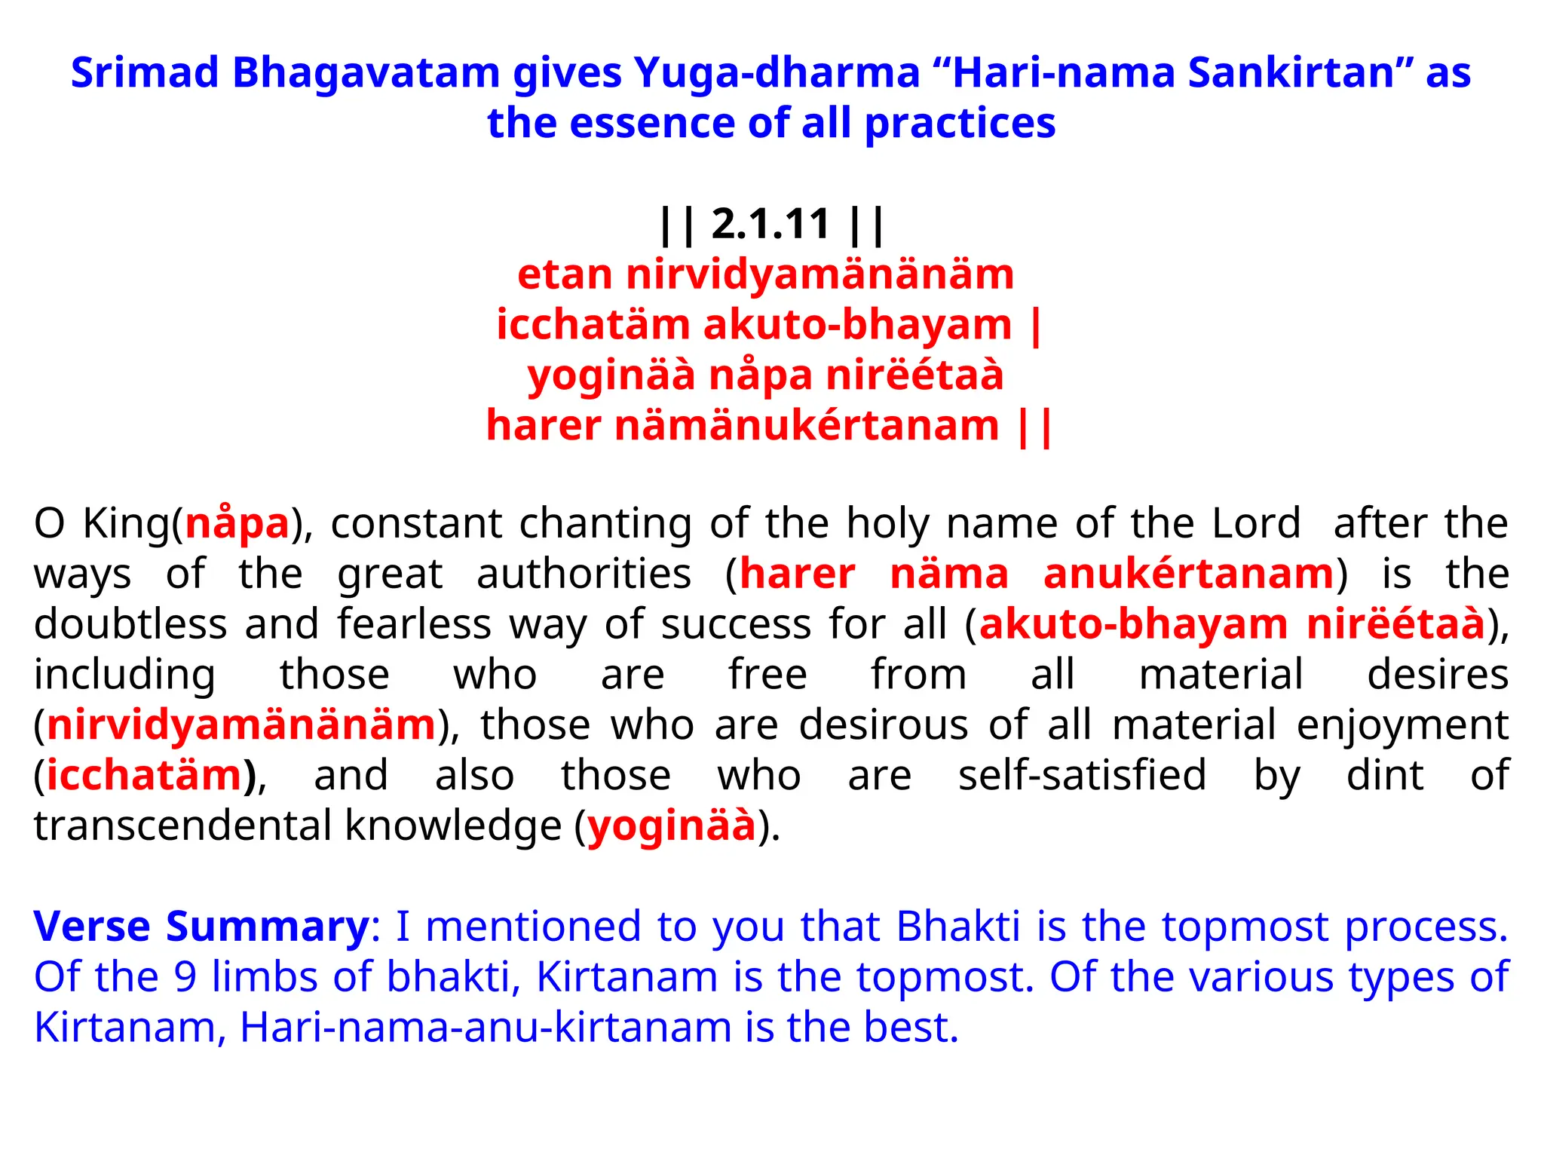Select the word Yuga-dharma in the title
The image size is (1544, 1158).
point(777,73)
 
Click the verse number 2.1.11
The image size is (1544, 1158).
point(770,225)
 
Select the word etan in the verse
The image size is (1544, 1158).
point(565,275)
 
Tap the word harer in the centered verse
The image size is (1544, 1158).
point(544,426)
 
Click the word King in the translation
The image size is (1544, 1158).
point(127,523)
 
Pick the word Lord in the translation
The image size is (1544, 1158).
point(1256,523)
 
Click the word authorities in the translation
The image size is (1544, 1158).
point(584,574)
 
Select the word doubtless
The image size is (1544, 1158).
point(130,624)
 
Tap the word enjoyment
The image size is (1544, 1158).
point(1402,726)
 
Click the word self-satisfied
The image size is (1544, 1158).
point(1082,776)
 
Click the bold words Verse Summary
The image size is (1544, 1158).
point(201,927)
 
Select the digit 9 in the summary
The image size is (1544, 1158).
point(185,977)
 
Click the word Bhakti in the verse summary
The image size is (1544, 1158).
point(957,927)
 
